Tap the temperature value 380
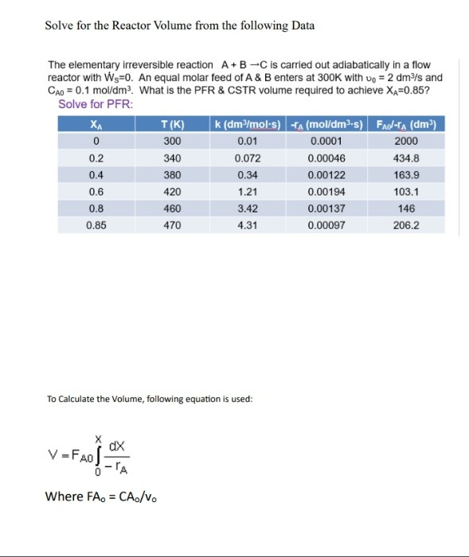click(172, 175)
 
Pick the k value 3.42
click(247, 208)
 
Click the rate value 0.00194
click(323, 192)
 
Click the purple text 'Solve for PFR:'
click(96, 105)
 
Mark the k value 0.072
click(247, 158)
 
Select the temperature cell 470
click(172, 225)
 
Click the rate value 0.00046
click(323, 158)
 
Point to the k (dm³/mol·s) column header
click(247, 124)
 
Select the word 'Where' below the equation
click(63, 497)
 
